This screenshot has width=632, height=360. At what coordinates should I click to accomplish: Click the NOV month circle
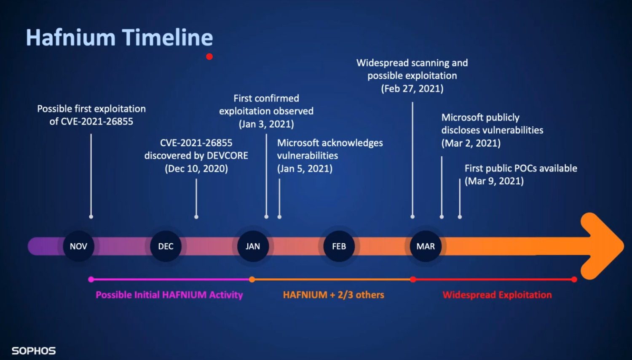(78, 246)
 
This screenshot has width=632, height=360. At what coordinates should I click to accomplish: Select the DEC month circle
(166, 246)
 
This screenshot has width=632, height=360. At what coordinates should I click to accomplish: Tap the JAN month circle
(253, 246)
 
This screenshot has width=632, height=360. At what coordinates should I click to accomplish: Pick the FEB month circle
(339, 246)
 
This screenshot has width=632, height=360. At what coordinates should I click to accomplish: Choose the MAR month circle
(426, 246)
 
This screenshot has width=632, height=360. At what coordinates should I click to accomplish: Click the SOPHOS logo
(34, 351)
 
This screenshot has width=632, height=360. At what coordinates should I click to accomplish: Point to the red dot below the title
(209, 57)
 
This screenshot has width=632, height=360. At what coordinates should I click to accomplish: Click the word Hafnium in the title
(70, 37)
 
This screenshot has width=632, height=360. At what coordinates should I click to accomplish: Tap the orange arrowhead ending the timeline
(602, 246)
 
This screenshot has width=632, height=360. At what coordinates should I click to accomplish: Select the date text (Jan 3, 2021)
(266, 124)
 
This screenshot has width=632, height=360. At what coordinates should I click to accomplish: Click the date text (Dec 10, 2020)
(196, 168)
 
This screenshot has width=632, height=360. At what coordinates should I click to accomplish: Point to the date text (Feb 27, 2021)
(412, 88)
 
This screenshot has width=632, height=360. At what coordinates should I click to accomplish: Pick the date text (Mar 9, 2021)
(494, 181)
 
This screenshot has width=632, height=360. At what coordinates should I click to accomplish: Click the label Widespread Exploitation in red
(497, 295)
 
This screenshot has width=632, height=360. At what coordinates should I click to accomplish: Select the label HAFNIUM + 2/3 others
(334, 295)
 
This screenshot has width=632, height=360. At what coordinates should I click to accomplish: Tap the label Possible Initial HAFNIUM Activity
(169, 295)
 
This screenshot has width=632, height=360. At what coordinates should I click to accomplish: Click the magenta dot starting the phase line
(91, 280)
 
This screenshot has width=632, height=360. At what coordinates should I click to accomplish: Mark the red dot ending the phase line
(574, 280)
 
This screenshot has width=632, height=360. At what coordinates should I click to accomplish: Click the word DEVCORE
(228, 156)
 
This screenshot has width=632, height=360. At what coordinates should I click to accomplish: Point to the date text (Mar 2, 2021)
(471, 143)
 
